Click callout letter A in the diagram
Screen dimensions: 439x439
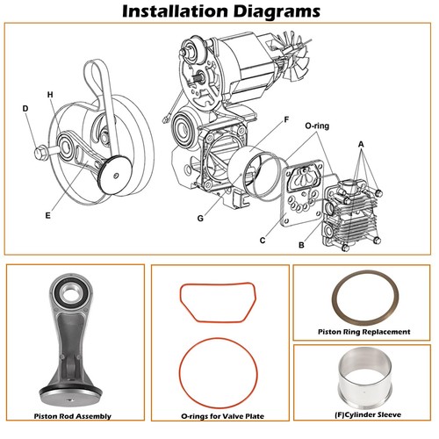361,143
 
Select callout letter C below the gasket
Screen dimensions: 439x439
262,239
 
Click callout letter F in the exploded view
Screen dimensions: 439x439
285,119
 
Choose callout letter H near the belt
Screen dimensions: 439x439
50,94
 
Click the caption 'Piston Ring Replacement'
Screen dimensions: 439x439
362,332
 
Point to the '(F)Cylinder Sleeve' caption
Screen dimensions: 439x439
362,414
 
